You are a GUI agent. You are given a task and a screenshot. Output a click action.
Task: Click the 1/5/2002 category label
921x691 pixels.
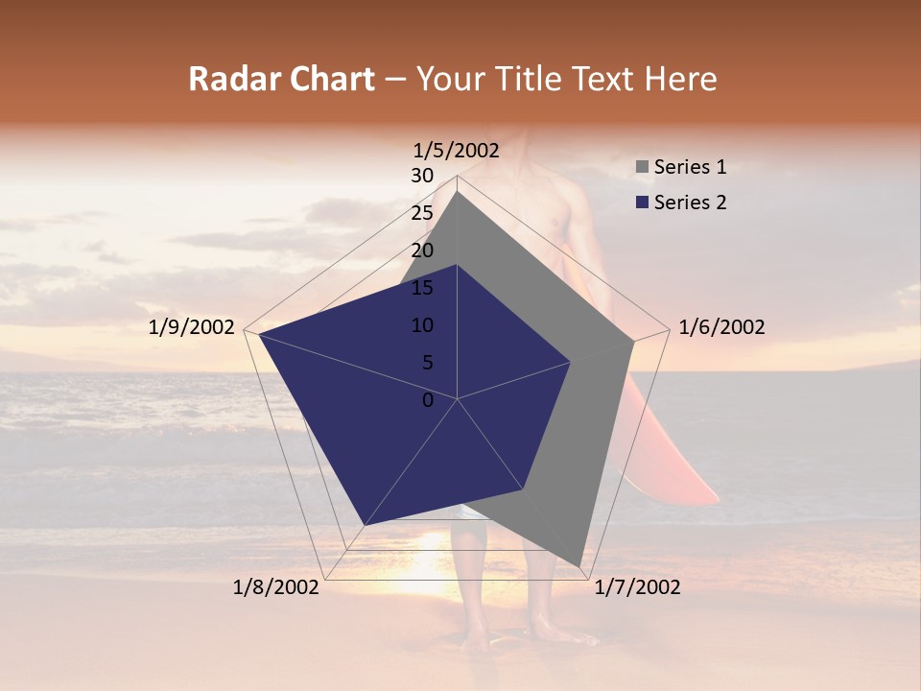point(457,150)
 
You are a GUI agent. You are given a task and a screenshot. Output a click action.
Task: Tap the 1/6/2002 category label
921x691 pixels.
point(721,327)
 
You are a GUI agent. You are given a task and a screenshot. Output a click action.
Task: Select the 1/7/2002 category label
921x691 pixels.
point(637,587)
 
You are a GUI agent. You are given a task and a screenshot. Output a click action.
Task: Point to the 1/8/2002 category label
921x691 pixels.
point(276,587)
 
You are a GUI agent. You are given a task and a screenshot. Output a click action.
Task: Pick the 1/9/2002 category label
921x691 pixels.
point(192,327)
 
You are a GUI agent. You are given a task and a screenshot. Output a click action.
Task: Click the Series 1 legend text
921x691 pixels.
point(690,167)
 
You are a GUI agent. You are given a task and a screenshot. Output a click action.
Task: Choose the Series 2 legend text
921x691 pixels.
point(690,203)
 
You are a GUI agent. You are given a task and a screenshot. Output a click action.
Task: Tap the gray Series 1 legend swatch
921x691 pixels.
point(642,168)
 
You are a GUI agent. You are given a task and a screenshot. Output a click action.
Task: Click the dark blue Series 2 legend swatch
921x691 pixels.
point(642,203)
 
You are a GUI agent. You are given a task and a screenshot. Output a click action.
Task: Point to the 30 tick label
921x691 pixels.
point(421,176)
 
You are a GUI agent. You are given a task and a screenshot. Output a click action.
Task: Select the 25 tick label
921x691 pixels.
point(421,213)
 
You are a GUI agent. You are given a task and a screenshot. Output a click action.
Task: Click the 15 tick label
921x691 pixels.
point(421,288)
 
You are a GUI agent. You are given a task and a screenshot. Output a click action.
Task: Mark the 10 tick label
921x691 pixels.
point(421,325)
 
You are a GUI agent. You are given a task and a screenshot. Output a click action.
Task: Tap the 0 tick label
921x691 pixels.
point(428,400)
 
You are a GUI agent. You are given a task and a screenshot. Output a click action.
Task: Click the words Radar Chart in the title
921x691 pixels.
point(281,79)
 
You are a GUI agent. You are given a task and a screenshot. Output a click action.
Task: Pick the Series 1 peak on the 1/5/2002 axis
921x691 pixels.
point(458,191)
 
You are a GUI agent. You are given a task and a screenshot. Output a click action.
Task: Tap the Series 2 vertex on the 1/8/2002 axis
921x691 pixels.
point(365,526)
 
